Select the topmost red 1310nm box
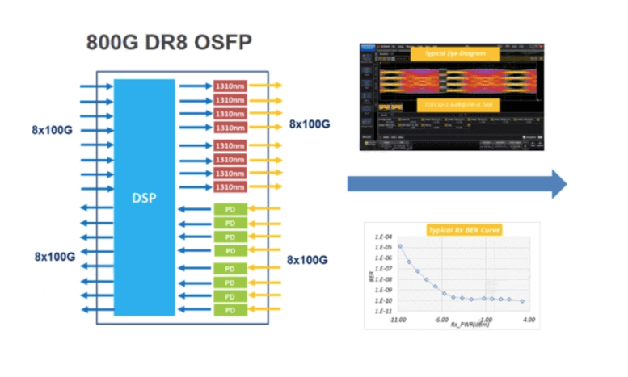point(230,85)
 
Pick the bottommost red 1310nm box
point(230,187)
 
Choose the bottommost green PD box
point(230,310)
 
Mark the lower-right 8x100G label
point(308,259)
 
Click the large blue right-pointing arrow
point(457,184)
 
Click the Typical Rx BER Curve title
point(464,230)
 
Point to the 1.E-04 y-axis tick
point(383,237)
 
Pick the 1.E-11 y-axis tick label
point(383,311)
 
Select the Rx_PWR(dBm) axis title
point(463,325)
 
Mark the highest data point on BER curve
point(400,247)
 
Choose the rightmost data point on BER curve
point(522,301)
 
